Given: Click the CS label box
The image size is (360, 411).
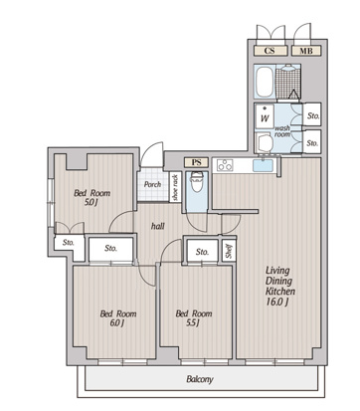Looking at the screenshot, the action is pyautogui.click(x=270, y=51).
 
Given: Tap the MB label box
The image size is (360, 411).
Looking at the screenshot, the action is pyautogui.click(x=306, y=51).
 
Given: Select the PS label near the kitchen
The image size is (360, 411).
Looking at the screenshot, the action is pyautogui.click(x=197, y=162).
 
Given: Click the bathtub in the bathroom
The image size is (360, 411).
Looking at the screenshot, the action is pyautogui.click(x=265, y=82).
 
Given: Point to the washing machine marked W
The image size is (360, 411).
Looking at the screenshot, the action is pyautogui.click(x=265, y=116).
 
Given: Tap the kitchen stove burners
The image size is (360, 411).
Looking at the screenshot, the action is pyautogui.click(x=225, y=165).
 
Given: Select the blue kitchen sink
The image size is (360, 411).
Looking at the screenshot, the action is pyautogui.click(x=263, y=165).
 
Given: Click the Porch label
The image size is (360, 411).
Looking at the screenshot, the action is pyautogui.click(x=152, y=184).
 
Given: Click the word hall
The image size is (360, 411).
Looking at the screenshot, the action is pyautogui.click(x=158, y=226).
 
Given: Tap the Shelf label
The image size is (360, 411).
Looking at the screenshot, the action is pyautogui.click(x=229, y=251).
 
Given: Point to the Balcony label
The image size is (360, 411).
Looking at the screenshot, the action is pyautogui.click(x=200, y=379).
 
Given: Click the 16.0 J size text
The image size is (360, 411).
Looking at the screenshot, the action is pyautogui.click(x=277, y=302).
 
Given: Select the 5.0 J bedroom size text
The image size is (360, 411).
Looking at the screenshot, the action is pyautogui.click(x=90, y=202).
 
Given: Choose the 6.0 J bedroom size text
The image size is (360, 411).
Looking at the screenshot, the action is pyautogui.click(x=117, y=322).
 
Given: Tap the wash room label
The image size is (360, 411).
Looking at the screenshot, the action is pyautogui.click(x=282, y=131).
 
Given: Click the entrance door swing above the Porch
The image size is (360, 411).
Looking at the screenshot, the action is pyautogui.click(x=152, y=154).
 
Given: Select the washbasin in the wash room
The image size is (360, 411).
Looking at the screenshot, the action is pyautogui.click(x=265, y=142).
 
